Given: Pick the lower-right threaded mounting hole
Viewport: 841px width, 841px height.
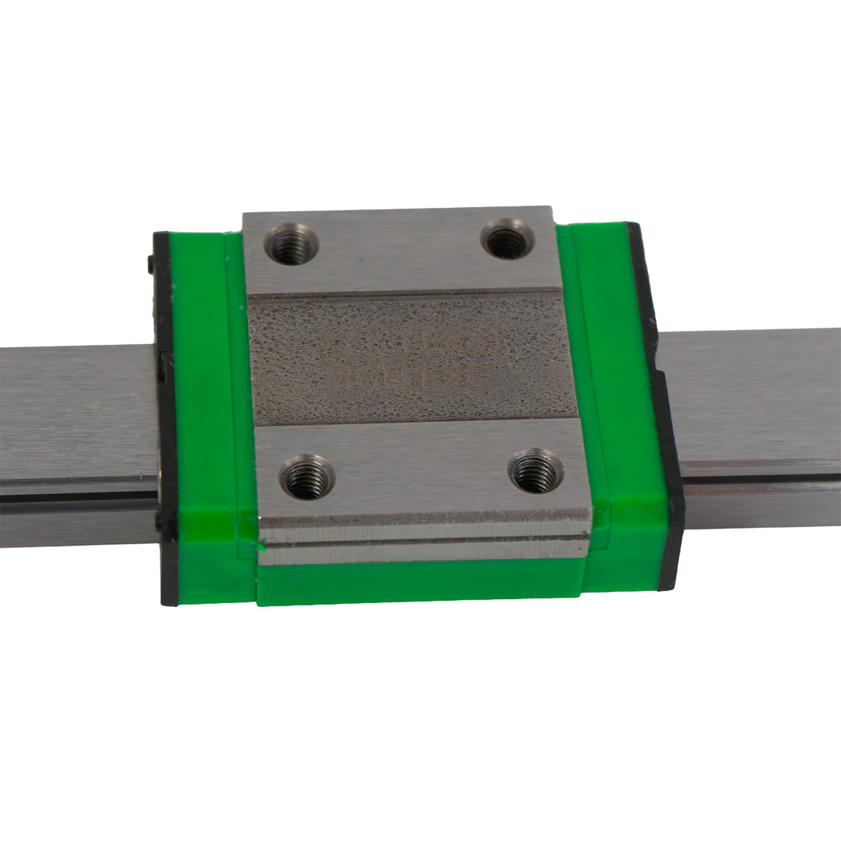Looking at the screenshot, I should click(533, 470).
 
